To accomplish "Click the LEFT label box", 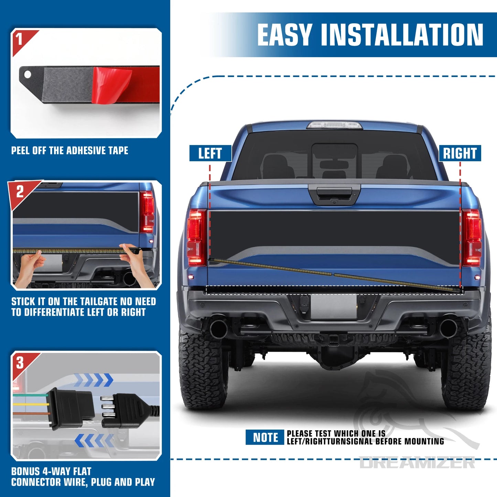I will [x=210, y=153].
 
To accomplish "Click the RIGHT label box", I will [x=460, y=153].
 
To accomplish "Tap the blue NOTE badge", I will [x=265, y=437].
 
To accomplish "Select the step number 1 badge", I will [x=20, y=39].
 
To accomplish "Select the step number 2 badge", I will [x=20, y=192].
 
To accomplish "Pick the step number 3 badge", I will [x=20, y=363].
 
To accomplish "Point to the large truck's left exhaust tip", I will [x=218, y=328].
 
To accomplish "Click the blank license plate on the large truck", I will [x=333, y=307].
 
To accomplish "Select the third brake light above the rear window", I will [x=334, y=125].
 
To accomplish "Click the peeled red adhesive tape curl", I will [x=112, y=84].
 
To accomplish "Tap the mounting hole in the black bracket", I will [x=28, y=74].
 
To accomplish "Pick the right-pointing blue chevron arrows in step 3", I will [x=94, y=380].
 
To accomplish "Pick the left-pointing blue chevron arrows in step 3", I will [x=94, y=440].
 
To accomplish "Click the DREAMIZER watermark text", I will [x=417, y=463].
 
